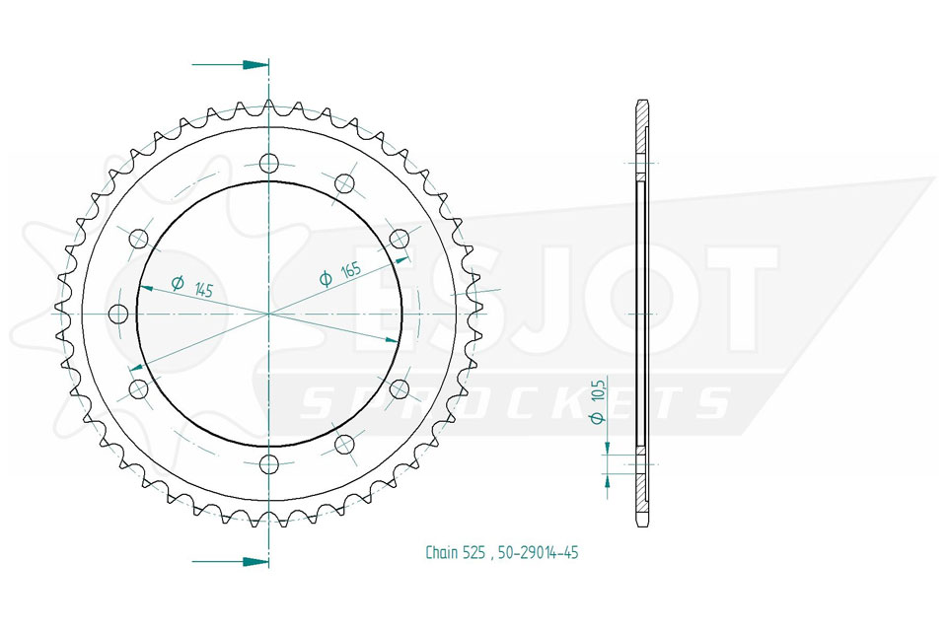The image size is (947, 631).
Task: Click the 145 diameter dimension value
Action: pos(205,289)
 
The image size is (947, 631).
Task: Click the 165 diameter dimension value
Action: pos(351,269)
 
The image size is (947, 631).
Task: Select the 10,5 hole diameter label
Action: pos(598,391)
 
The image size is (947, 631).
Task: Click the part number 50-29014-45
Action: pos(539,552)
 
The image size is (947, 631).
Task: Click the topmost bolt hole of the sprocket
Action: pos(269,163)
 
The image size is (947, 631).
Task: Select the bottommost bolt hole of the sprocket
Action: pos(269,464)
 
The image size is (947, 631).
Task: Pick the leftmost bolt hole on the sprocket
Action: pos(118,314)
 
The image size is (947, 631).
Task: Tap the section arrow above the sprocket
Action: pos(230,64)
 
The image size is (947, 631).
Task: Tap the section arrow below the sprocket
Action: pos(230,562)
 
